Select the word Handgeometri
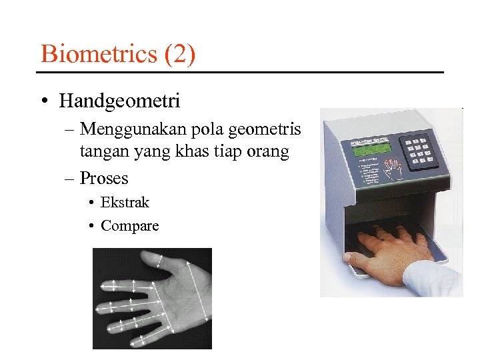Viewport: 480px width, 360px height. click(119, 101)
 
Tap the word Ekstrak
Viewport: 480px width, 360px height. click(125, 202)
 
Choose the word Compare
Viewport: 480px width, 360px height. click(129, 225)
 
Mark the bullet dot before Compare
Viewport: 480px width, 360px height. click(90, 225)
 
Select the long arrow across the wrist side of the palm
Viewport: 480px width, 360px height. click(197, 299)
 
